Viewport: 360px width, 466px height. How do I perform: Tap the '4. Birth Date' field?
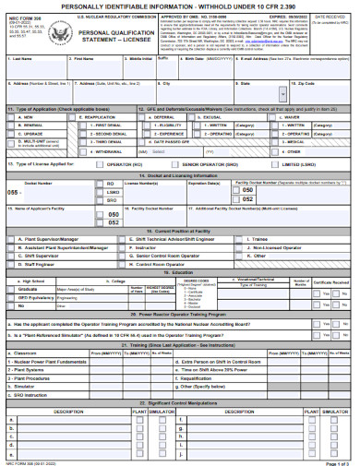[204, 66]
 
